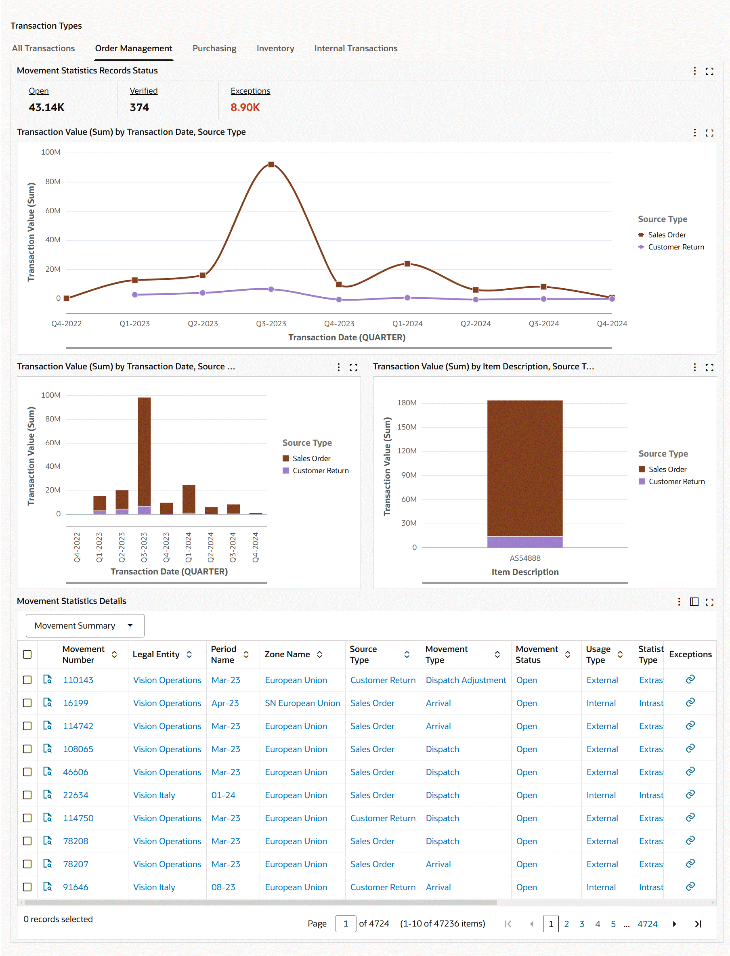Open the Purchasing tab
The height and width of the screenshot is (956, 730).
coord(214,48)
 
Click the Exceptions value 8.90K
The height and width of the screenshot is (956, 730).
coord(245,107)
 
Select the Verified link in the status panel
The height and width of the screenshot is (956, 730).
coord(143,91)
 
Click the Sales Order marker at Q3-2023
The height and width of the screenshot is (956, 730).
coord(271,165)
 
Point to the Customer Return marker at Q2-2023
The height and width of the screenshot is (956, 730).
coord(203,293)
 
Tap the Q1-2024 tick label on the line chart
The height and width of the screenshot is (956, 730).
coord(407,324)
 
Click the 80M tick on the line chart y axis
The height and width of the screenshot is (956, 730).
coord(53,182)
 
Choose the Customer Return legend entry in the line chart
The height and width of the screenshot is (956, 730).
coord(675,247)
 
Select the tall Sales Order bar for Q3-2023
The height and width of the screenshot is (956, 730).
coord(144,451)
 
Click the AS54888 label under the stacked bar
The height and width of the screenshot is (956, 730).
coord(525,558)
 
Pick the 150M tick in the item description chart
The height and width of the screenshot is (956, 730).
coord(407,427)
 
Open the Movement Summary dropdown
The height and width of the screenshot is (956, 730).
coord(85,625)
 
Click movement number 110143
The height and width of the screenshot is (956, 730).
coord(78,680)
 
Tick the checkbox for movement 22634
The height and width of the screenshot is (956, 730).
coord(27,795)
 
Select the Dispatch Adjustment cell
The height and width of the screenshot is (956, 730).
coord(466,680)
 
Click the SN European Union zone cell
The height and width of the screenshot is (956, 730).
coord(302,703)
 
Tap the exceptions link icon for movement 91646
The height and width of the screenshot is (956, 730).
coord(690,887)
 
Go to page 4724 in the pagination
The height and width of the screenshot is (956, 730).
coord(647,924)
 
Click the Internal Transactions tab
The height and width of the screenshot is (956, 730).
coord(355,48)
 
